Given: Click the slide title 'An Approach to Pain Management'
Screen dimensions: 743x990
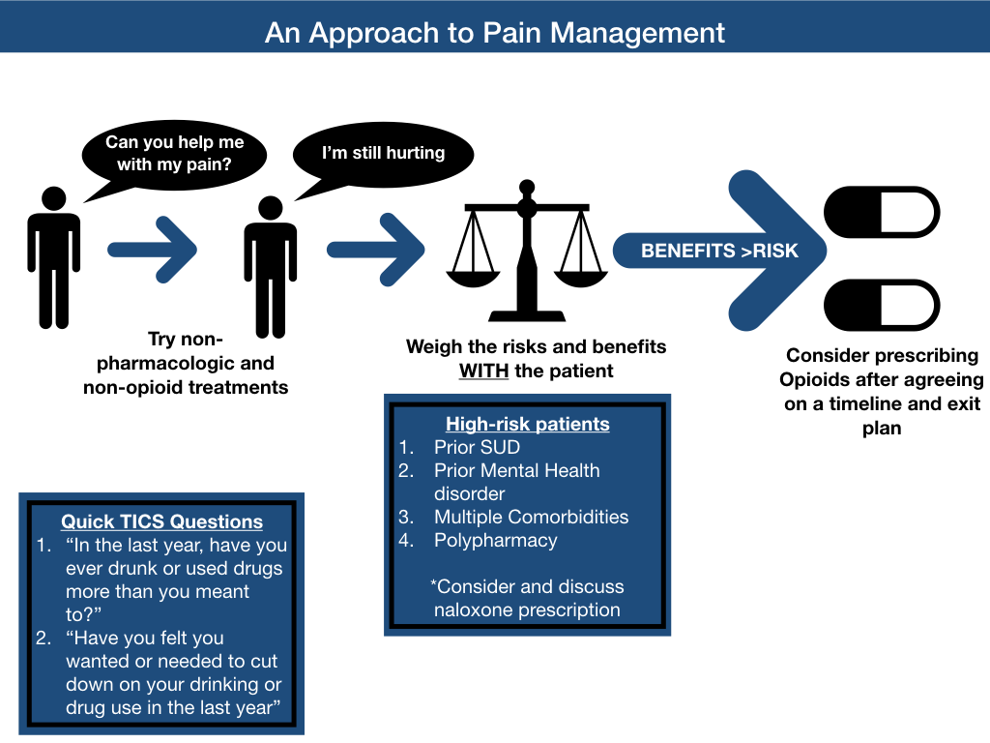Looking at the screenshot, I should pos(495,32).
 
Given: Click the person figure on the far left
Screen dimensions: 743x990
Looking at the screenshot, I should pos(54,256).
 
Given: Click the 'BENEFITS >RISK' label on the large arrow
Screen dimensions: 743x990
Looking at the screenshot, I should pos(719,251).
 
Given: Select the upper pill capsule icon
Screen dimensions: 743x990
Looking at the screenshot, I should pos(881,213).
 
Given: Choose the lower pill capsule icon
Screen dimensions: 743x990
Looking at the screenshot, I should pos(881,305).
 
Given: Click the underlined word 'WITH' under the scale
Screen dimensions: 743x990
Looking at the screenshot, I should pos(483,371).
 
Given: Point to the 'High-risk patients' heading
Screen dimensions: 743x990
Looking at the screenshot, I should pos(527,424).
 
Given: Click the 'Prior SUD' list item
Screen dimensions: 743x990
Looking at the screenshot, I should pos(477,447).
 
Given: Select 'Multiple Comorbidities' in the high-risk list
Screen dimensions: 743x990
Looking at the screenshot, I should pos(531,517).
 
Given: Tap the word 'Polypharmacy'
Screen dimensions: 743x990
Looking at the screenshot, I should pos(495,540).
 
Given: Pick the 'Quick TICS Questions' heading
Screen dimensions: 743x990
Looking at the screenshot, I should pos(161,521).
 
